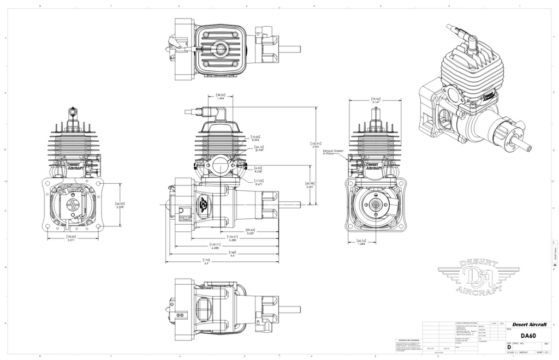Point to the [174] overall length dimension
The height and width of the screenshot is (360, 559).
click(x=206, y=261)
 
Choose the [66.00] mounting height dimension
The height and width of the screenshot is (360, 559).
click(x=120, y=206)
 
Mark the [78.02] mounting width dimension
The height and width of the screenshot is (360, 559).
click(x=71, y=238)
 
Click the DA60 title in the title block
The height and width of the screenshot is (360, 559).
click(x=527, y=335)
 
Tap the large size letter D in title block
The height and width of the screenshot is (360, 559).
click(x=509, y=347)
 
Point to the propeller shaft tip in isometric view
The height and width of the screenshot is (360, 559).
click(x=529, y=147)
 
